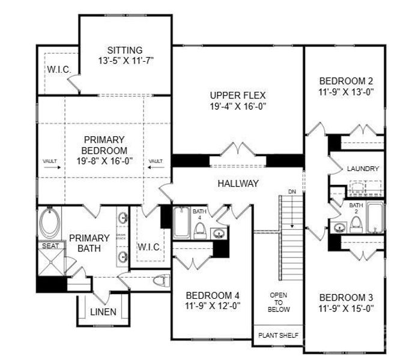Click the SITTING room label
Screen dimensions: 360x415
pyautogui.click(x=125, y=50)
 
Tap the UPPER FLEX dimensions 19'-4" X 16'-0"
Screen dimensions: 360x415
pyautogui.click(x=238, y=106)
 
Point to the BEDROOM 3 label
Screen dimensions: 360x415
pyautogui.click(x=347, y=298)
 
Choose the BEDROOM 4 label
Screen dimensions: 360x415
pyautogui.click(x=213, y=295)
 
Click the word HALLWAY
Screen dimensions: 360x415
pyautogui.click(x=238, y=184)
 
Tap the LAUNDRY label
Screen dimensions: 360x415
pyautogui.click(x=363, y=169)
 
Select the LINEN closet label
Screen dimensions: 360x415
pyautogui.click(x=103, y=312)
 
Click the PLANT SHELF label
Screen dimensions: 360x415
pyautogui.click(x=279, y=335)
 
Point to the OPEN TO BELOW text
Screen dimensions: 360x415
pyautogui.click(x=279, y=302)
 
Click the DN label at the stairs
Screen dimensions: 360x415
pyautogui.click(x=292, y=191)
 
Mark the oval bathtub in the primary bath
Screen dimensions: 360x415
pyautogui.click(x=50, y=223)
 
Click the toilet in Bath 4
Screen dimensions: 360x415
pyautogui.click(x=201, y=230)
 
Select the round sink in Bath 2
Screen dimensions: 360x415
pyautogui.click(x=340, y=227)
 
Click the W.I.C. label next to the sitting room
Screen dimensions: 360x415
pyautogui.click(x=59, y=70)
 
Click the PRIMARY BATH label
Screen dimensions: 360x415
pyautogui.click(x=89, y=243)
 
